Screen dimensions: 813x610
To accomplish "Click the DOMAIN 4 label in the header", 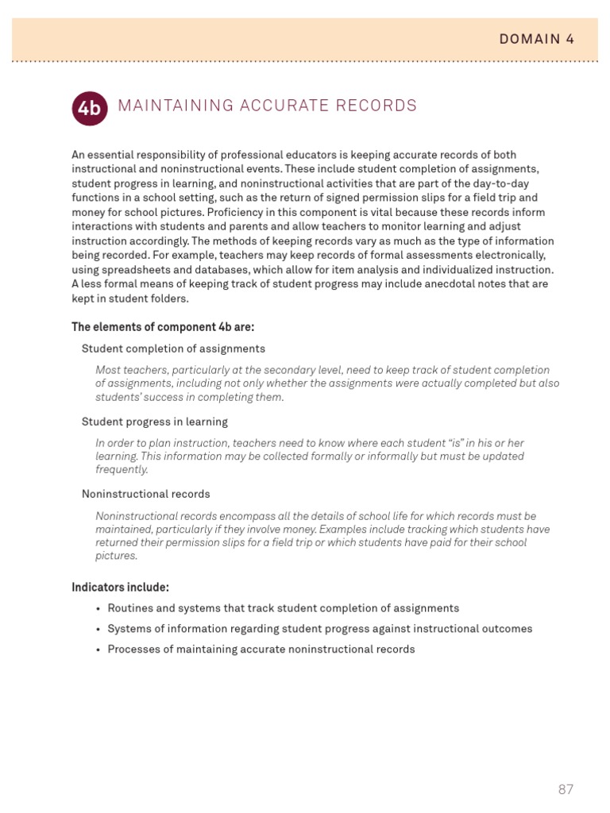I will pos(536,39).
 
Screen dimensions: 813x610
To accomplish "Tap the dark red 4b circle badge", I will pos(90,108).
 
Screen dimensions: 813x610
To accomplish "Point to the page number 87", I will pos(566,789).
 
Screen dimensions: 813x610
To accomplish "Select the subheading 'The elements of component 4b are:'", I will pos(163,327).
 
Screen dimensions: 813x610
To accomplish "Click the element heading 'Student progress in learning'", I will pos(155,422).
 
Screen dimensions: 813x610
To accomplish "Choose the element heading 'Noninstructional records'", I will pos(146,494).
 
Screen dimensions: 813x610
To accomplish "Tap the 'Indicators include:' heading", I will pos(120,588).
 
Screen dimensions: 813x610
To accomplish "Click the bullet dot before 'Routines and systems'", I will pos(98,609).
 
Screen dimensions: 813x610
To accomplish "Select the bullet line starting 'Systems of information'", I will pos(319,629).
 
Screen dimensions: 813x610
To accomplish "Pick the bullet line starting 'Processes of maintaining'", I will pos(261,649).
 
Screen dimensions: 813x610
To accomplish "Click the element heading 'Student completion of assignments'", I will pos(173,349).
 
